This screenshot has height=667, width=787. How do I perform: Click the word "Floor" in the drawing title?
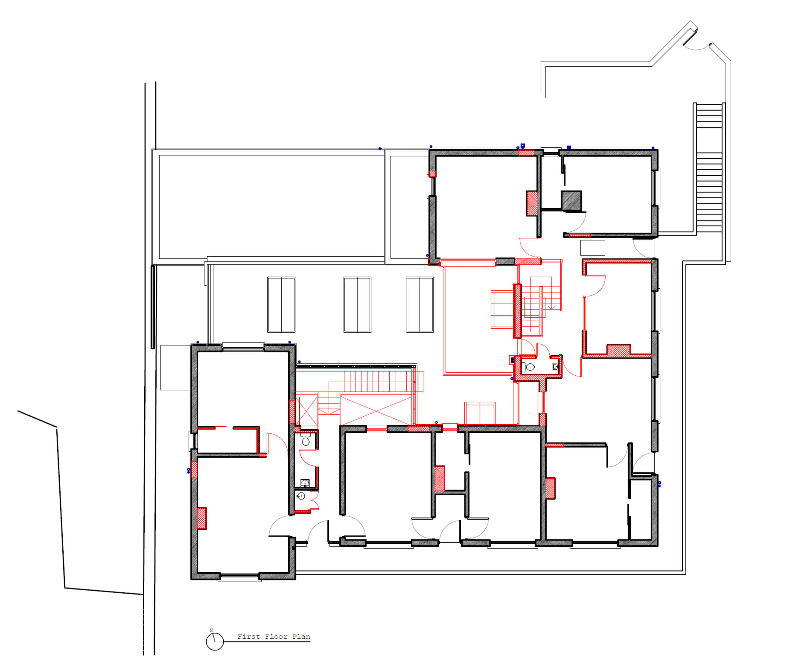click(x=275, y=636)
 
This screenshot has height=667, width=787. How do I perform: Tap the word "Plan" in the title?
click(x=301, y=636)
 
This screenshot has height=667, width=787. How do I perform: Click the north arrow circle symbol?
click(x=214, y=642)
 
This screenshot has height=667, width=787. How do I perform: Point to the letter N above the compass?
click(x=211, y=630)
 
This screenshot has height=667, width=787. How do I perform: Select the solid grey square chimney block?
click(x=571, y=201)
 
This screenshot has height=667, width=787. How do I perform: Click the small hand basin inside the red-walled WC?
click(x=555, y=366)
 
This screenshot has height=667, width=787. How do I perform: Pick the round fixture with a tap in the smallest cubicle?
click(x=301, y=496)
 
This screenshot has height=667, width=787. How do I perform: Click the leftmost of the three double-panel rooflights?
click(x=281, y=304)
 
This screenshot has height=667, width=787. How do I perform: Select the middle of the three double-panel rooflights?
click(x=357, y=304)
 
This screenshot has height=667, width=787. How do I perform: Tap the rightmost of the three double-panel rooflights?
click(x=419, y=304)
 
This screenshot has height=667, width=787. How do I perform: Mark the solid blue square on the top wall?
click(x=569, y=147)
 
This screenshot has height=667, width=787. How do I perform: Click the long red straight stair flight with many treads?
click(x=378, y=381)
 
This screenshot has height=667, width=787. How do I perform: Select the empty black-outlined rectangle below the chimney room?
click(x=593, y=248)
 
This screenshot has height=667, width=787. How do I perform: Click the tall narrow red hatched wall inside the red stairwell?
click(x=517, y=310)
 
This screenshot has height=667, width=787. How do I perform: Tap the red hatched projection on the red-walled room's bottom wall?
click(x=618, y=349)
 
